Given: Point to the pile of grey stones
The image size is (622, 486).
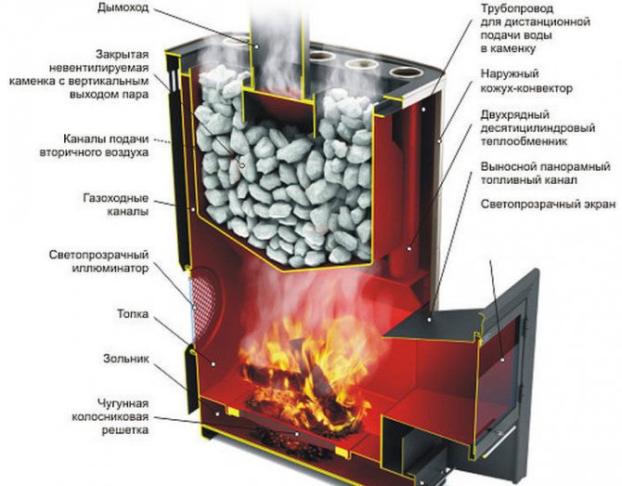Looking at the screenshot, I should pos(279,177).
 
